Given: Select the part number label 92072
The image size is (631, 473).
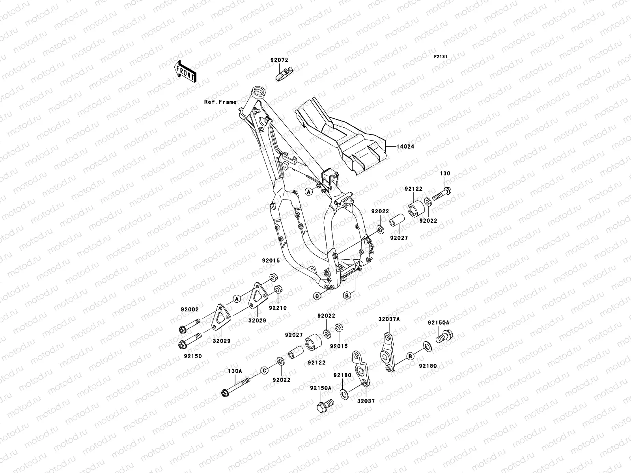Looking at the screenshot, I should pyautogui.click(x=279, y=60).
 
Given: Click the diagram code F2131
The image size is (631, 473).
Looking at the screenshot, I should pyautogui.click(x=441, y=57).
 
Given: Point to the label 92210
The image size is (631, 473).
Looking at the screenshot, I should pyautogui.click(x=278, y=308).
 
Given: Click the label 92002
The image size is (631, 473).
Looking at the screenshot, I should pyautogui.click(x=190, y=310).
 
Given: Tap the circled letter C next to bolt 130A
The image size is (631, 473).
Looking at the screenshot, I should pyautogui.click(x=264, y=370).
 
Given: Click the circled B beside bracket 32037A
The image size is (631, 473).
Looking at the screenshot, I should pyautogui.click(x=410, y=356).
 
